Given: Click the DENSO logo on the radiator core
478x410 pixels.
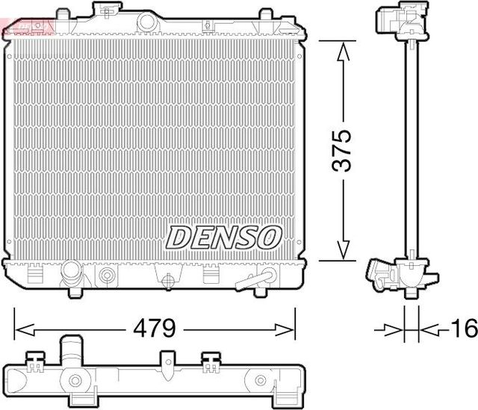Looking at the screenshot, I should (223, 237).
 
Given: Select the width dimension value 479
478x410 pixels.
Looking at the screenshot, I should (155, 328).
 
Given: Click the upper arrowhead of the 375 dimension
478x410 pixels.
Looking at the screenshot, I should (343, 51).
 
